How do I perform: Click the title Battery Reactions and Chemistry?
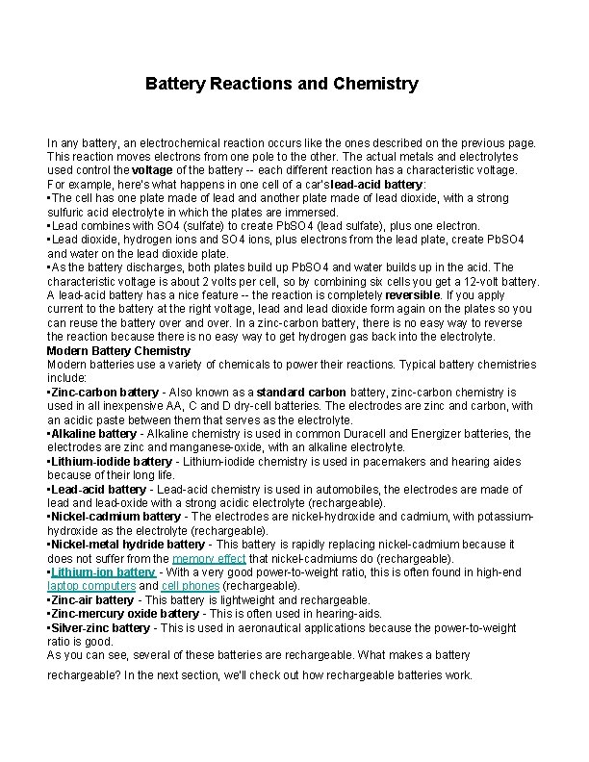(x=282, y=84)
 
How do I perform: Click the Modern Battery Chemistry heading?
(x=118, y=350)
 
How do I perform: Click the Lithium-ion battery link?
(x=103, y=572)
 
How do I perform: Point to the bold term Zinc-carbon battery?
(x=105, y=393)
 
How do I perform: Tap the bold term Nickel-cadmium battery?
(x=115, y=517)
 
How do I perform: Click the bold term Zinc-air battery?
(x=92, y=599)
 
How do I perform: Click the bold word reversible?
(x=413, y=294)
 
